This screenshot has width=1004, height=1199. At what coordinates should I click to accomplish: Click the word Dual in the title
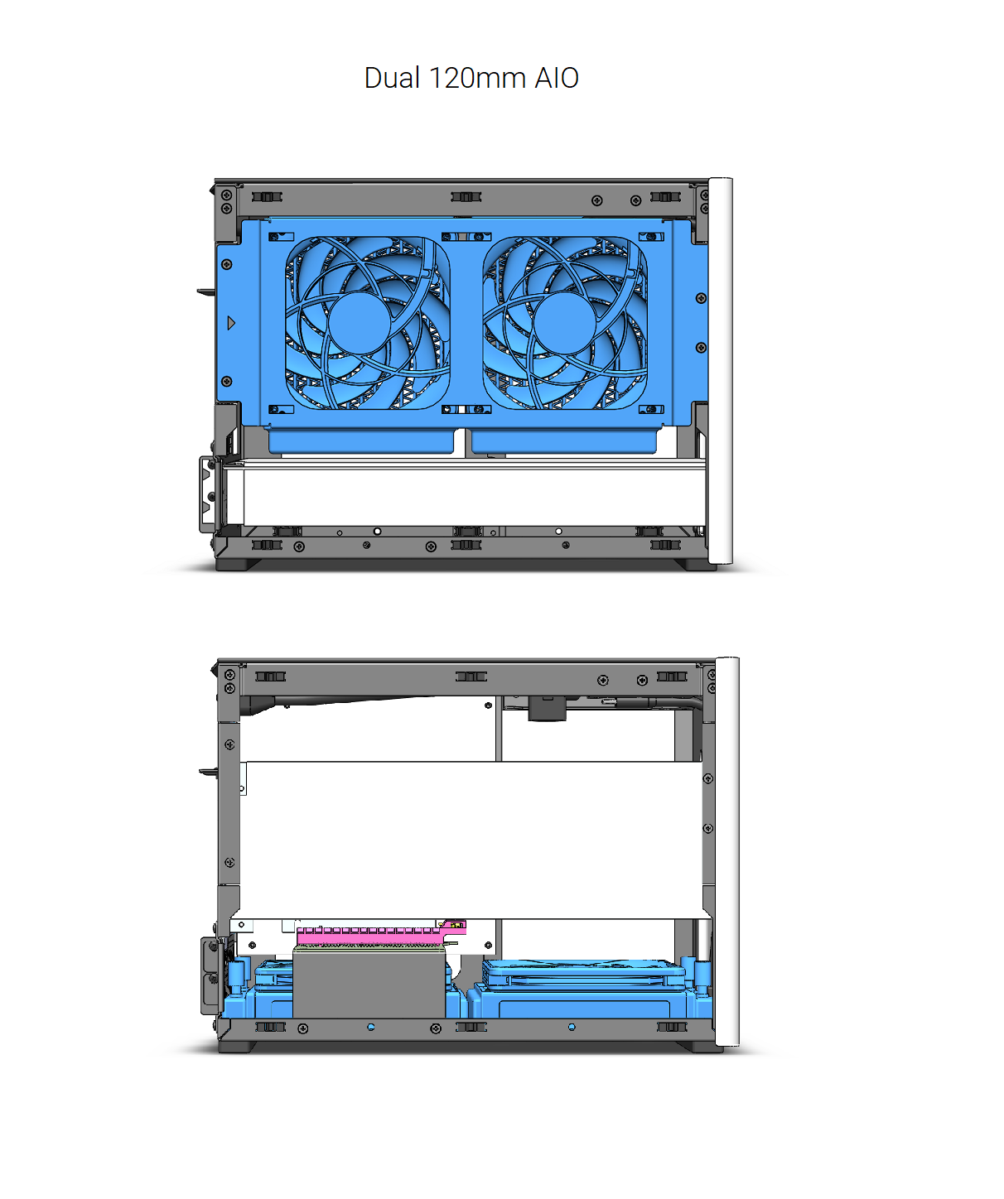click(392, 78)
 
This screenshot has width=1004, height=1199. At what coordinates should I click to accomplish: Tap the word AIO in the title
click(556, 78)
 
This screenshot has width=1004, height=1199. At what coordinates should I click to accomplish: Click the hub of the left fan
click(360, 324)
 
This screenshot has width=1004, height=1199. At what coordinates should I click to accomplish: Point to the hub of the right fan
click(565, 324)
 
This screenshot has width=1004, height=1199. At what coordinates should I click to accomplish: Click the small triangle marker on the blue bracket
click(231, 323)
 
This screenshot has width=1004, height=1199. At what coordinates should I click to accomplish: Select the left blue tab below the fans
click(361, 441)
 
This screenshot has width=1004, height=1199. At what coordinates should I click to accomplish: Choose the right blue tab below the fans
click(564, 441)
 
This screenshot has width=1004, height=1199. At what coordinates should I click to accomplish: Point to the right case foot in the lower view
click(702, 1047)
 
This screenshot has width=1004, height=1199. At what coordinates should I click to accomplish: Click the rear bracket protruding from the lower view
click(210, 975)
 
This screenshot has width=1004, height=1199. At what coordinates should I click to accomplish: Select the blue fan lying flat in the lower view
click(584, 972)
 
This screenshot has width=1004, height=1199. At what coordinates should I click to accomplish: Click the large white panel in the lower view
click(472, 840)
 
